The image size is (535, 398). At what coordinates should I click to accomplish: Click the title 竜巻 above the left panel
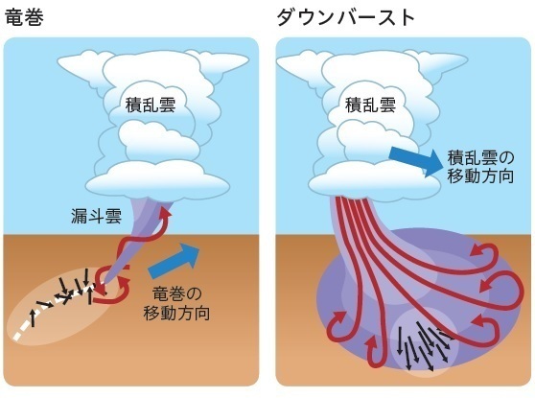[x=25, y=17]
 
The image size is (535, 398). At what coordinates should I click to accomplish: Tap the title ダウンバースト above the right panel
[x=345, y=18]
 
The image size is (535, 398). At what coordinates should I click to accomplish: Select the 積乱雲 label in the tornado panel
[x=151, y=105]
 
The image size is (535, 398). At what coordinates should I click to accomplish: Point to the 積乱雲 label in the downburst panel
[x=371, y=105]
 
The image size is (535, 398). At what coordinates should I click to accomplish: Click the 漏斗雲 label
[x=97, y=216]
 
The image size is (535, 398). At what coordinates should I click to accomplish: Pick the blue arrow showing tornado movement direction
[x=174, y=258]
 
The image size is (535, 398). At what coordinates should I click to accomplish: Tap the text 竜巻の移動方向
[x=176, y=303]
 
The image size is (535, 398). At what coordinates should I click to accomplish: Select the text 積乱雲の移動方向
[x=480, y=167]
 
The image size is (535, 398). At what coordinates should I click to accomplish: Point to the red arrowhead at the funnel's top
[x=166, y=213]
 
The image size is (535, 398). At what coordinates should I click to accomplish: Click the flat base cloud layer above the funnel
[x=157, y=182]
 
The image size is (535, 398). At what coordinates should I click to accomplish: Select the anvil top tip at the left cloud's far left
[x=58, y=62]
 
